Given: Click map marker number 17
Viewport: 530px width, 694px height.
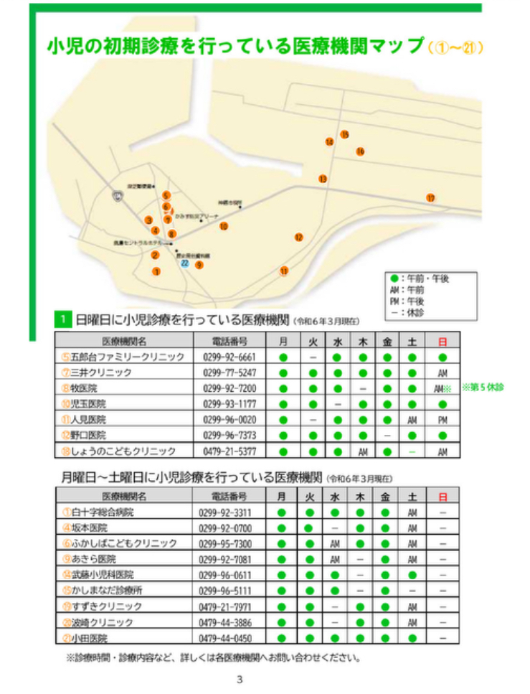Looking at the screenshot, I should click(x=430, y=198).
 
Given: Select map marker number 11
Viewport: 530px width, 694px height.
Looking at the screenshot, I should click(x=284, y=271).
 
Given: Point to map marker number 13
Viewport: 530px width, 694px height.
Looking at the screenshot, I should click(x=323, y=179).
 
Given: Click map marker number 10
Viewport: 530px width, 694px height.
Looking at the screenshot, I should click(x=224, y=226).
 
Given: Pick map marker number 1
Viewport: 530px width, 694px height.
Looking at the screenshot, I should click(x=156, y=271).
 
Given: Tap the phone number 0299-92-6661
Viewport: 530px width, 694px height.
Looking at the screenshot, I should click(x=229, y=357).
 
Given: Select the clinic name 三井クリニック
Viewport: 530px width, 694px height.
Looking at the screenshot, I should click(x=107, y=372).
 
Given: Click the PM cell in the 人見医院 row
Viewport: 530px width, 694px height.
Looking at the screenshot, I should click(x=442, y=420).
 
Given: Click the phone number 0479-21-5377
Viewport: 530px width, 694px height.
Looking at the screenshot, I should click(x=229, y=451).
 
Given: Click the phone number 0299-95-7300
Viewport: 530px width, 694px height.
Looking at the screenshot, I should click(x=229, y=543).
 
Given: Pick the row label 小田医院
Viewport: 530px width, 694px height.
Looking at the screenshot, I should click(x=89, y=637).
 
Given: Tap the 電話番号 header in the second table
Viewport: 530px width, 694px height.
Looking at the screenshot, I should click(x=229, y=496).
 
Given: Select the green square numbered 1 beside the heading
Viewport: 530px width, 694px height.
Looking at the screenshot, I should click(x=63, y=319).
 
